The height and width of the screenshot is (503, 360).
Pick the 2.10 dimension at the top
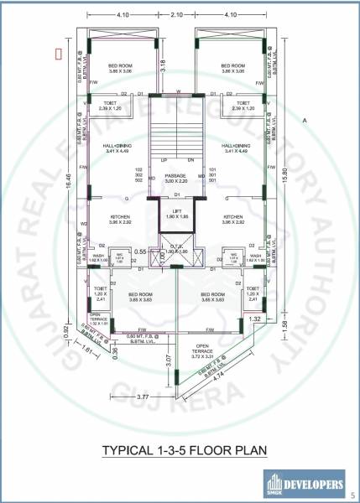[x=177, y=15]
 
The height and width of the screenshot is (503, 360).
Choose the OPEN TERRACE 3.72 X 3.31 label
[x=201, y=354]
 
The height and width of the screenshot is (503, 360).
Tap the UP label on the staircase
[x=164, y=159]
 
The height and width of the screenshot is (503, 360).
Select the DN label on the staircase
[x=190, y=159]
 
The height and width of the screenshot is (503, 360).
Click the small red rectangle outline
[x=58, y=53]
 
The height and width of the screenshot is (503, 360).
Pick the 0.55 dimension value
[x=141, y=251]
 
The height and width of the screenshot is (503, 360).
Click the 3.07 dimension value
[x=169, y=361]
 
